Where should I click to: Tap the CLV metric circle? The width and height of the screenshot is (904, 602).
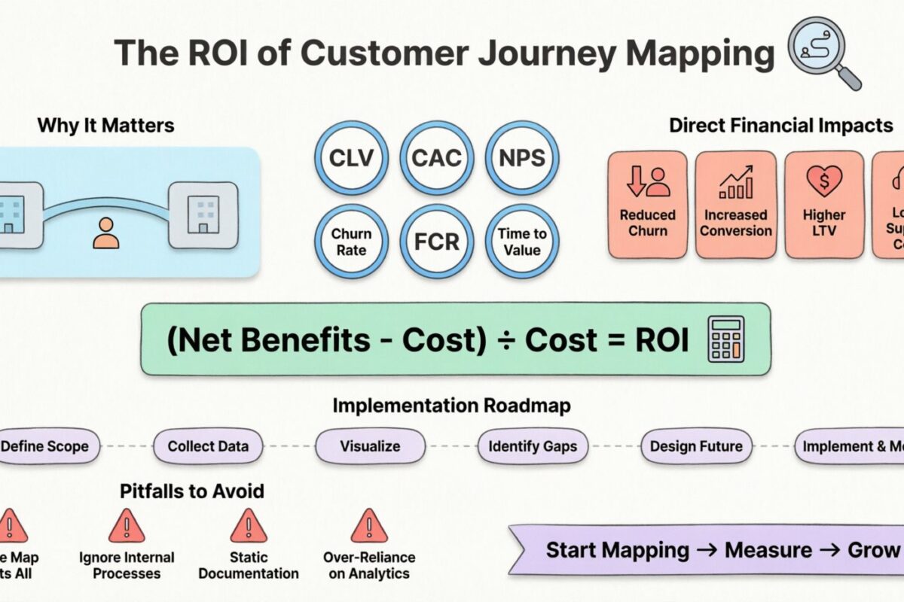coord(352,158)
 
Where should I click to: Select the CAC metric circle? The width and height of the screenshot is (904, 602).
coord(437,158)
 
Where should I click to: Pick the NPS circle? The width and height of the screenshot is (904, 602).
coord(521,158)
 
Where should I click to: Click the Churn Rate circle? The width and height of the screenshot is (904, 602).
coord(352,242)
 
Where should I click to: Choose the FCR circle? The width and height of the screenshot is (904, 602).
coord(437,242)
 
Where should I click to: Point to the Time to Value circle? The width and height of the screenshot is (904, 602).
coord(521,242)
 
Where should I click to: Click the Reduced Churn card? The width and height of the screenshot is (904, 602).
coord(648,205)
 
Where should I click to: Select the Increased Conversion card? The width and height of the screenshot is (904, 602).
coord(735,205)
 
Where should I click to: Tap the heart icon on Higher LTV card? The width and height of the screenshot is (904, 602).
coord(823,181)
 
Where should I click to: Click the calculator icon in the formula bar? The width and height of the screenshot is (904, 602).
coord(725,339)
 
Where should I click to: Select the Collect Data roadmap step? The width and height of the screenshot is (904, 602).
coord(208,446)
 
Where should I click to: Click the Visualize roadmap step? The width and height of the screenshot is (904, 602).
coord(370,446)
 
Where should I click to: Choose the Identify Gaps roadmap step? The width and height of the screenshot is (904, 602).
coord(533,446)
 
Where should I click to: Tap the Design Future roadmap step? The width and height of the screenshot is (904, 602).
coord(696,446)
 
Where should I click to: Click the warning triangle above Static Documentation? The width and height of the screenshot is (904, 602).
coord(248,525)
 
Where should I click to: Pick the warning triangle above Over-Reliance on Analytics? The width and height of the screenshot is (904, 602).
coord(369,525)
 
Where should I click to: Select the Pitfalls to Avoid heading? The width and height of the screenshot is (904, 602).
coord(192,491)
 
